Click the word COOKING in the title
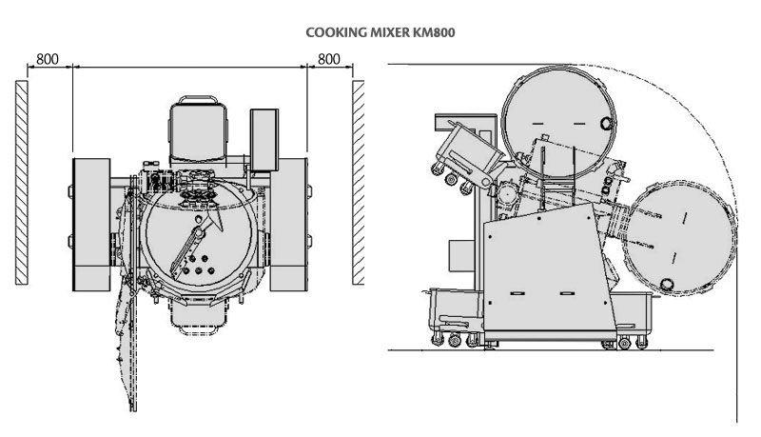(x=332, y=31)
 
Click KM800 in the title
(x=435, y=31)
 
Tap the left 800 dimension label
(x=48, y=59)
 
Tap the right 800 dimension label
(x=329, y=59)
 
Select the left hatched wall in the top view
(x=22, y=182)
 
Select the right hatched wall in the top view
(x=359, y=182)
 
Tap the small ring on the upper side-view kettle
(x=605, y=123)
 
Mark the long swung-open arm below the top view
(x=124, y=333)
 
